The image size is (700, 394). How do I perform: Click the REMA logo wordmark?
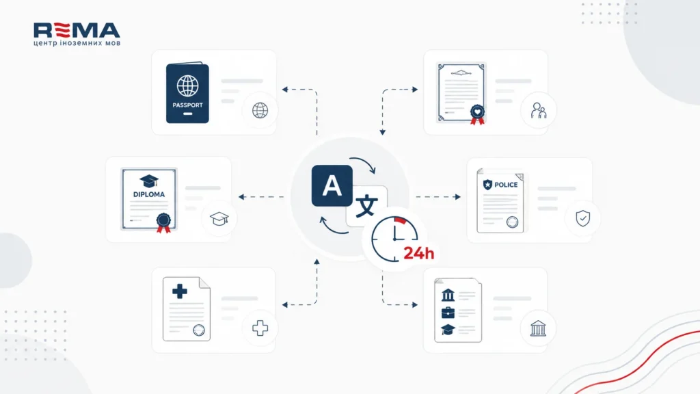(x=77, y=30)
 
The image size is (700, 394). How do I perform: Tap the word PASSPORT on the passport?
(x=187, y=105)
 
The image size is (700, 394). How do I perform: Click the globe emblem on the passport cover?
(x=187, y=86)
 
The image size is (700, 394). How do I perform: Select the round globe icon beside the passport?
(x=260, y=110)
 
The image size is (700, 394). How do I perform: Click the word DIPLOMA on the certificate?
(x=148, y=194)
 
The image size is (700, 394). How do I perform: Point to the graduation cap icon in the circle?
(x=219, y=218)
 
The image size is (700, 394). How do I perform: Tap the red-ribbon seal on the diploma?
(x=163, y=223)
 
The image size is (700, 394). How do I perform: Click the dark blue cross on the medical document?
(x=180, y=291)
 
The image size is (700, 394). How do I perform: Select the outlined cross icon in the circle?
(x=260, y=328)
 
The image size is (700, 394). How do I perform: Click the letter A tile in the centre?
(x=332, y=185)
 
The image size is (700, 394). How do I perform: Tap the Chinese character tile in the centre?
(x=367, y=206)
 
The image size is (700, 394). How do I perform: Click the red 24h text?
(x=419, y=253)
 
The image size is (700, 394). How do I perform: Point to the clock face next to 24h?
(x=394, y=239)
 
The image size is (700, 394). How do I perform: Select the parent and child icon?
(x=539, y=110)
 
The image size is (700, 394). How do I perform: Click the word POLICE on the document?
(x=506, y=185)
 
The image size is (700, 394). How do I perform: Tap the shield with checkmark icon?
(x=582, y=218)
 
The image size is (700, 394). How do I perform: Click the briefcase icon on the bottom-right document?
(x=448, y=313)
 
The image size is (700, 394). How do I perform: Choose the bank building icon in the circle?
(x=538, y=328)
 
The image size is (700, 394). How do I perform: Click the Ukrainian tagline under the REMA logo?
(x=77, y=43)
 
